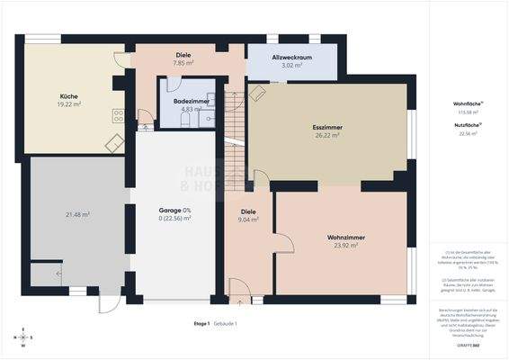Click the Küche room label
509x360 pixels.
(x=68, y=96)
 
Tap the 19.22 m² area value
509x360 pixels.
(x=68, y=104)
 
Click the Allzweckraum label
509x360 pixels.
(x=292, y=58)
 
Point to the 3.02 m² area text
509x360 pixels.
(x=292, y=66)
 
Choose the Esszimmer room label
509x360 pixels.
(x=327, y=129)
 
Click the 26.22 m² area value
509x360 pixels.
(x=327, y=138)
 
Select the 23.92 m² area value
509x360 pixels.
(x=345, y=246)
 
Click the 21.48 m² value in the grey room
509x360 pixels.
(x=77, y=214)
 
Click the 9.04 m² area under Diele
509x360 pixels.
(x=249, y=220)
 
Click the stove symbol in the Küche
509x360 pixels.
(x=117, y=115)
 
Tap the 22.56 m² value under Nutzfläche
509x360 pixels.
(x=469, y=133)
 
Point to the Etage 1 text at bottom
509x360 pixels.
(x=201, y=323)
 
